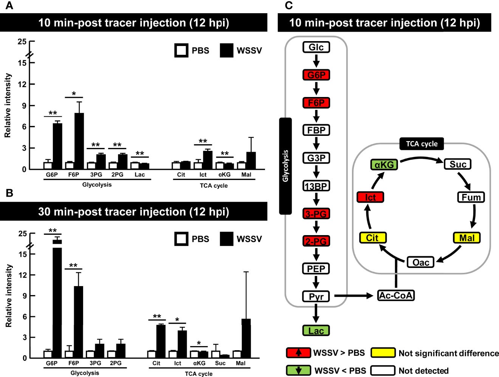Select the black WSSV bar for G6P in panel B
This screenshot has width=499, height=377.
[57, 298]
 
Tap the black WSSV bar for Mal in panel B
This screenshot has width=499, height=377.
[246, 338]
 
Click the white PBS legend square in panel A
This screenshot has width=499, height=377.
[181, 50]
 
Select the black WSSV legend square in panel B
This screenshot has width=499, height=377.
[226, 239]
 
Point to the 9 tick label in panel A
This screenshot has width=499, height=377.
[24, 106]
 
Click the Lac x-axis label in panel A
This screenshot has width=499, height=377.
[139, 175]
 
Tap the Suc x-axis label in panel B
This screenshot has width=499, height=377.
[220, 363]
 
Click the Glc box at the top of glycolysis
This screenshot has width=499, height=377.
[316, 47]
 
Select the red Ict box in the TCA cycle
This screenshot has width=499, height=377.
[370, 197]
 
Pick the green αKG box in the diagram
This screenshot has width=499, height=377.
[384, 165]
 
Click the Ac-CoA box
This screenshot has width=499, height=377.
[396, 295]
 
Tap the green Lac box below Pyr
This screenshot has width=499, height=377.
[316, 331]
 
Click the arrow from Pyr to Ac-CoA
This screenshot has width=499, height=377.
[353, 296]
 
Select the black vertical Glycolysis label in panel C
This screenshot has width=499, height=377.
[285, 166]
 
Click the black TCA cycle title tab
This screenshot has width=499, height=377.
[422, 144]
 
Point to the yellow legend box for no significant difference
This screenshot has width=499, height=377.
[383, 353]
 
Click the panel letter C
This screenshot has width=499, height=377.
[289, 5]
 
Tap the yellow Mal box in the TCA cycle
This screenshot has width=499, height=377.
[467, 238]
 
